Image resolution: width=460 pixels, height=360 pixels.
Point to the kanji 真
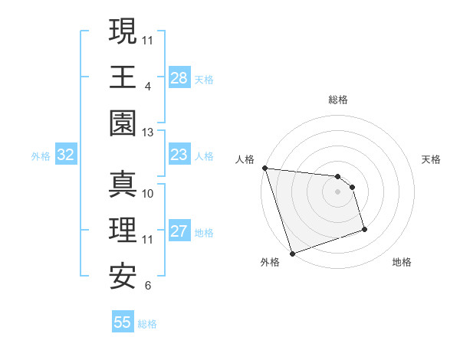click(123, 185)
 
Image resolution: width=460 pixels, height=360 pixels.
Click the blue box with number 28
click(179, 78)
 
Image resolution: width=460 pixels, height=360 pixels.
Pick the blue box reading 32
click(66, 155)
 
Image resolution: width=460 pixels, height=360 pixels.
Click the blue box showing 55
click(123, 322)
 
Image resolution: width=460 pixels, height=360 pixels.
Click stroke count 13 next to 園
click(147, 133)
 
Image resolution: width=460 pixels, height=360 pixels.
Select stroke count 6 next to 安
click(147, 286)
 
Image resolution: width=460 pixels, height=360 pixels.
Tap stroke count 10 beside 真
click(148, 193)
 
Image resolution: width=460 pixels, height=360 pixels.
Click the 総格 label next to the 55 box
click(147, 324)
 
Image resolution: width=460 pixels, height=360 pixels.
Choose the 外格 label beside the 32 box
click(41, 156)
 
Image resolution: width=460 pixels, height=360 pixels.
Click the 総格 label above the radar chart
click(337, 100)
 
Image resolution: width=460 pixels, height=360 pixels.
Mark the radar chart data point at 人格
click(264, 168)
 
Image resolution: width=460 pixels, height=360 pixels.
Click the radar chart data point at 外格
click(292, 254)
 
